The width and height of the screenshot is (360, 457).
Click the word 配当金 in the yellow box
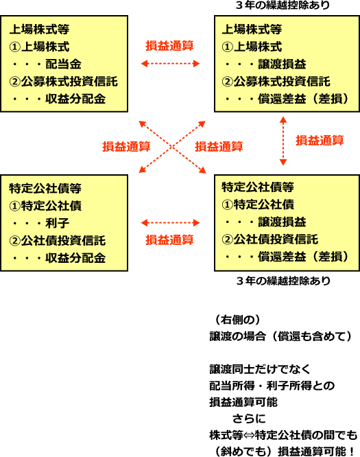coord(64,64)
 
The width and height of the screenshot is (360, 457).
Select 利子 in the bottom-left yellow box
coord(58,223)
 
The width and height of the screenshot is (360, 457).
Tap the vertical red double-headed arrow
coord(283,141)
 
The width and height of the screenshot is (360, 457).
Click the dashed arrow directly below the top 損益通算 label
coord(170,64)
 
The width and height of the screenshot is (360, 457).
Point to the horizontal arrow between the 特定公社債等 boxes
coord(170,223)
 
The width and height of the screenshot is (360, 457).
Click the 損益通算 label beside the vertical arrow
coord(320,141)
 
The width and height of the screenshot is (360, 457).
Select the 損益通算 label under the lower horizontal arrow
coord(169,240)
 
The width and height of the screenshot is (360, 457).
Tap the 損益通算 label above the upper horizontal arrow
coord(169,46)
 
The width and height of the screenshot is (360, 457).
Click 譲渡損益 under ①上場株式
coord(282,64)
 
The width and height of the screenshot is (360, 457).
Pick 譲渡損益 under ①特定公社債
coord(282,222)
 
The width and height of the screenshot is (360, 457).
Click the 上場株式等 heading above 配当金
coord(39,29)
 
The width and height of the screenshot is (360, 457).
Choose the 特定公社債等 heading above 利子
coord(45,188)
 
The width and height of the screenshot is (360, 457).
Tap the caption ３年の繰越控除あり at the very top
coord(283,5)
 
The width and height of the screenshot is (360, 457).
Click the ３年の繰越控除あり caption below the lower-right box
coord(283,281)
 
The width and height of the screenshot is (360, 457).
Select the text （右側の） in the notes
coord(237,320)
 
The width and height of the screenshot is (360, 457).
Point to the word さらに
coord(249,419)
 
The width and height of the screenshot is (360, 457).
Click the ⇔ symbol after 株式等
coord(249,435)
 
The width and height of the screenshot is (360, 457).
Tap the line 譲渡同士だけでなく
coord(260,369)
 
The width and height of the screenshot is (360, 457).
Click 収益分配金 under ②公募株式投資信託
coord(75,99)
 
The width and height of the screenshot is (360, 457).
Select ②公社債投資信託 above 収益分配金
coord(58,241)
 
